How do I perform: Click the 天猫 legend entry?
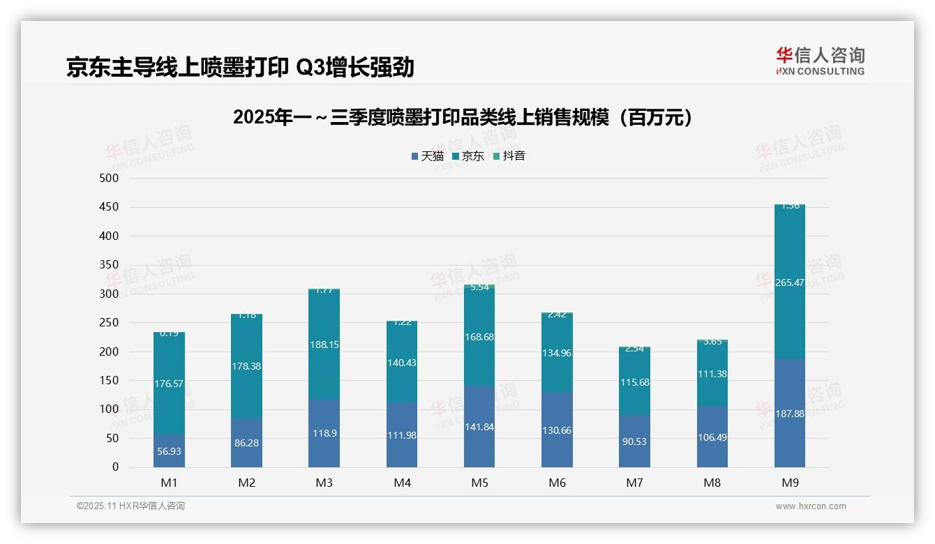(428, 156)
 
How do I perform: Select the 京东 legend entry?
(468, 156)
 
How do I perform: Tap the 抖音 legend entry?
(509, 156)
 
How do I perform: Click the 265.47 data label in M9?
(790, 282)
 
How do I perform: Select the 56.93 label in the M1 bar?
(169, 451)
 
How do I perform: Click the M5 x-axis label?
(479, 483)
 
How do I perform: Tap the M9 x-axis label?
(790, 483)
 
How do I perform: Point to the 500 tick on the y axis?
(110, 179)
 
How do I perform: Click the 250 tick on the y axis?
(110, 323)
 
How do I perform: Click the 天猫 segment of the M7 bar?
(634, 441)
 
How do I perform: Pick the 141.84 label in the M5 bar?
(479, 427)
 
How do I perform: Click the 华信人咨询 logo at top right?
(820, 61)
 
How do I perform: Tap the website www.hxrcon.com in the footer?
(811, 506)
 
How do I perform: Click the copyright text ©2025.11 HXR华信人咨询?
(130, 506)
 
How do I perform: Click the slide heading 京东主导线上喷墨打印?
(240, 67)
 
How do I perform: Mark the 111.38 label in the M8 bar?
(712, 374)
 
